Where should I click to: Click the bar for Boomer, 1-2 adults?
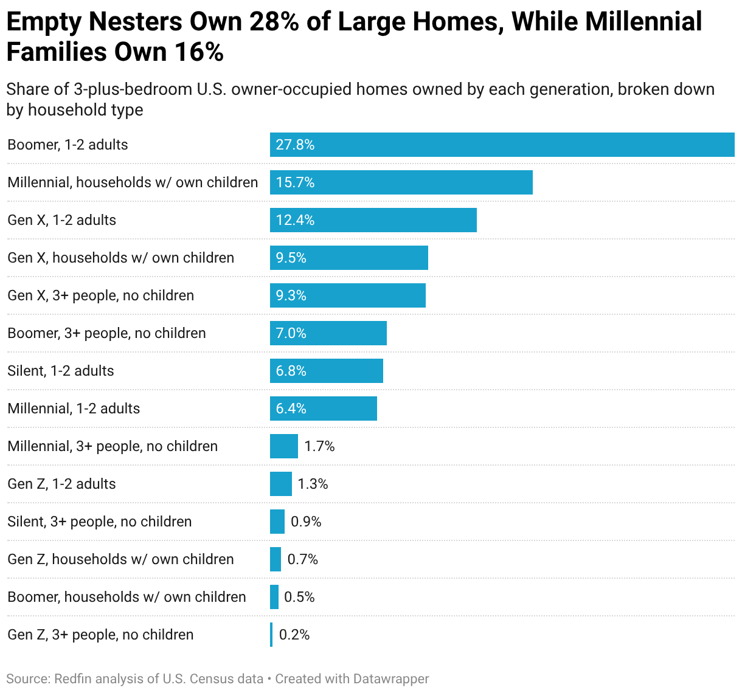[x=502, y=145]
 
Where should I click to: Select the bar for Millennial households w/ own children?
[x=401, y=182]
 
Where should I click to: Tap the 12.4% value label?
[x=295, y=220]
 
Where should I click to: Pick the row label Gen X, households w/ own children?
[x=120, y=258]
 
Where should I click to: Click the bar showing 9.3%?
[x=348, y=295]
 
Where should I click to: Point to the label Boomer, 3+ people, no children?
[x=106, y=333]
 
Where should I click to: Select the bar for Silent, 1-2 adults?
[x=327, y=371]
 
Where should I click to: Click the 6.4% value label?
[x=291, y=409]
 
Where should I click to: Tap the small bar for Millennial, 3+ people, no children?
[x=284, y=446]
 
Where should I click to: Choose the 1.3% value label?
[x=313, y=484]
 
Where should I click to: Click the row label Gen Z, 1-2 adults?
[x=61, y=484]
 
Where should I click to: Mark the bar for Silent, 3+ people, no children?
[x=277, y=522]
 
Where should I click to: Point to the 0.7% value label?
[x=302, y=559]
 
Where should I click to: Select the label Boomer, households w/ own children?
[x=127, y=597]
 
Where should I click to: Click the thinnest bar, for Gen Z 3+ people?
[x=271, y=635]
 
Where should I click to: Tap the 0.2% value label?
[x=294, y=635]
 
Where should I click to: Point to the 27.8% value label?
[x=295, y=145]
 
